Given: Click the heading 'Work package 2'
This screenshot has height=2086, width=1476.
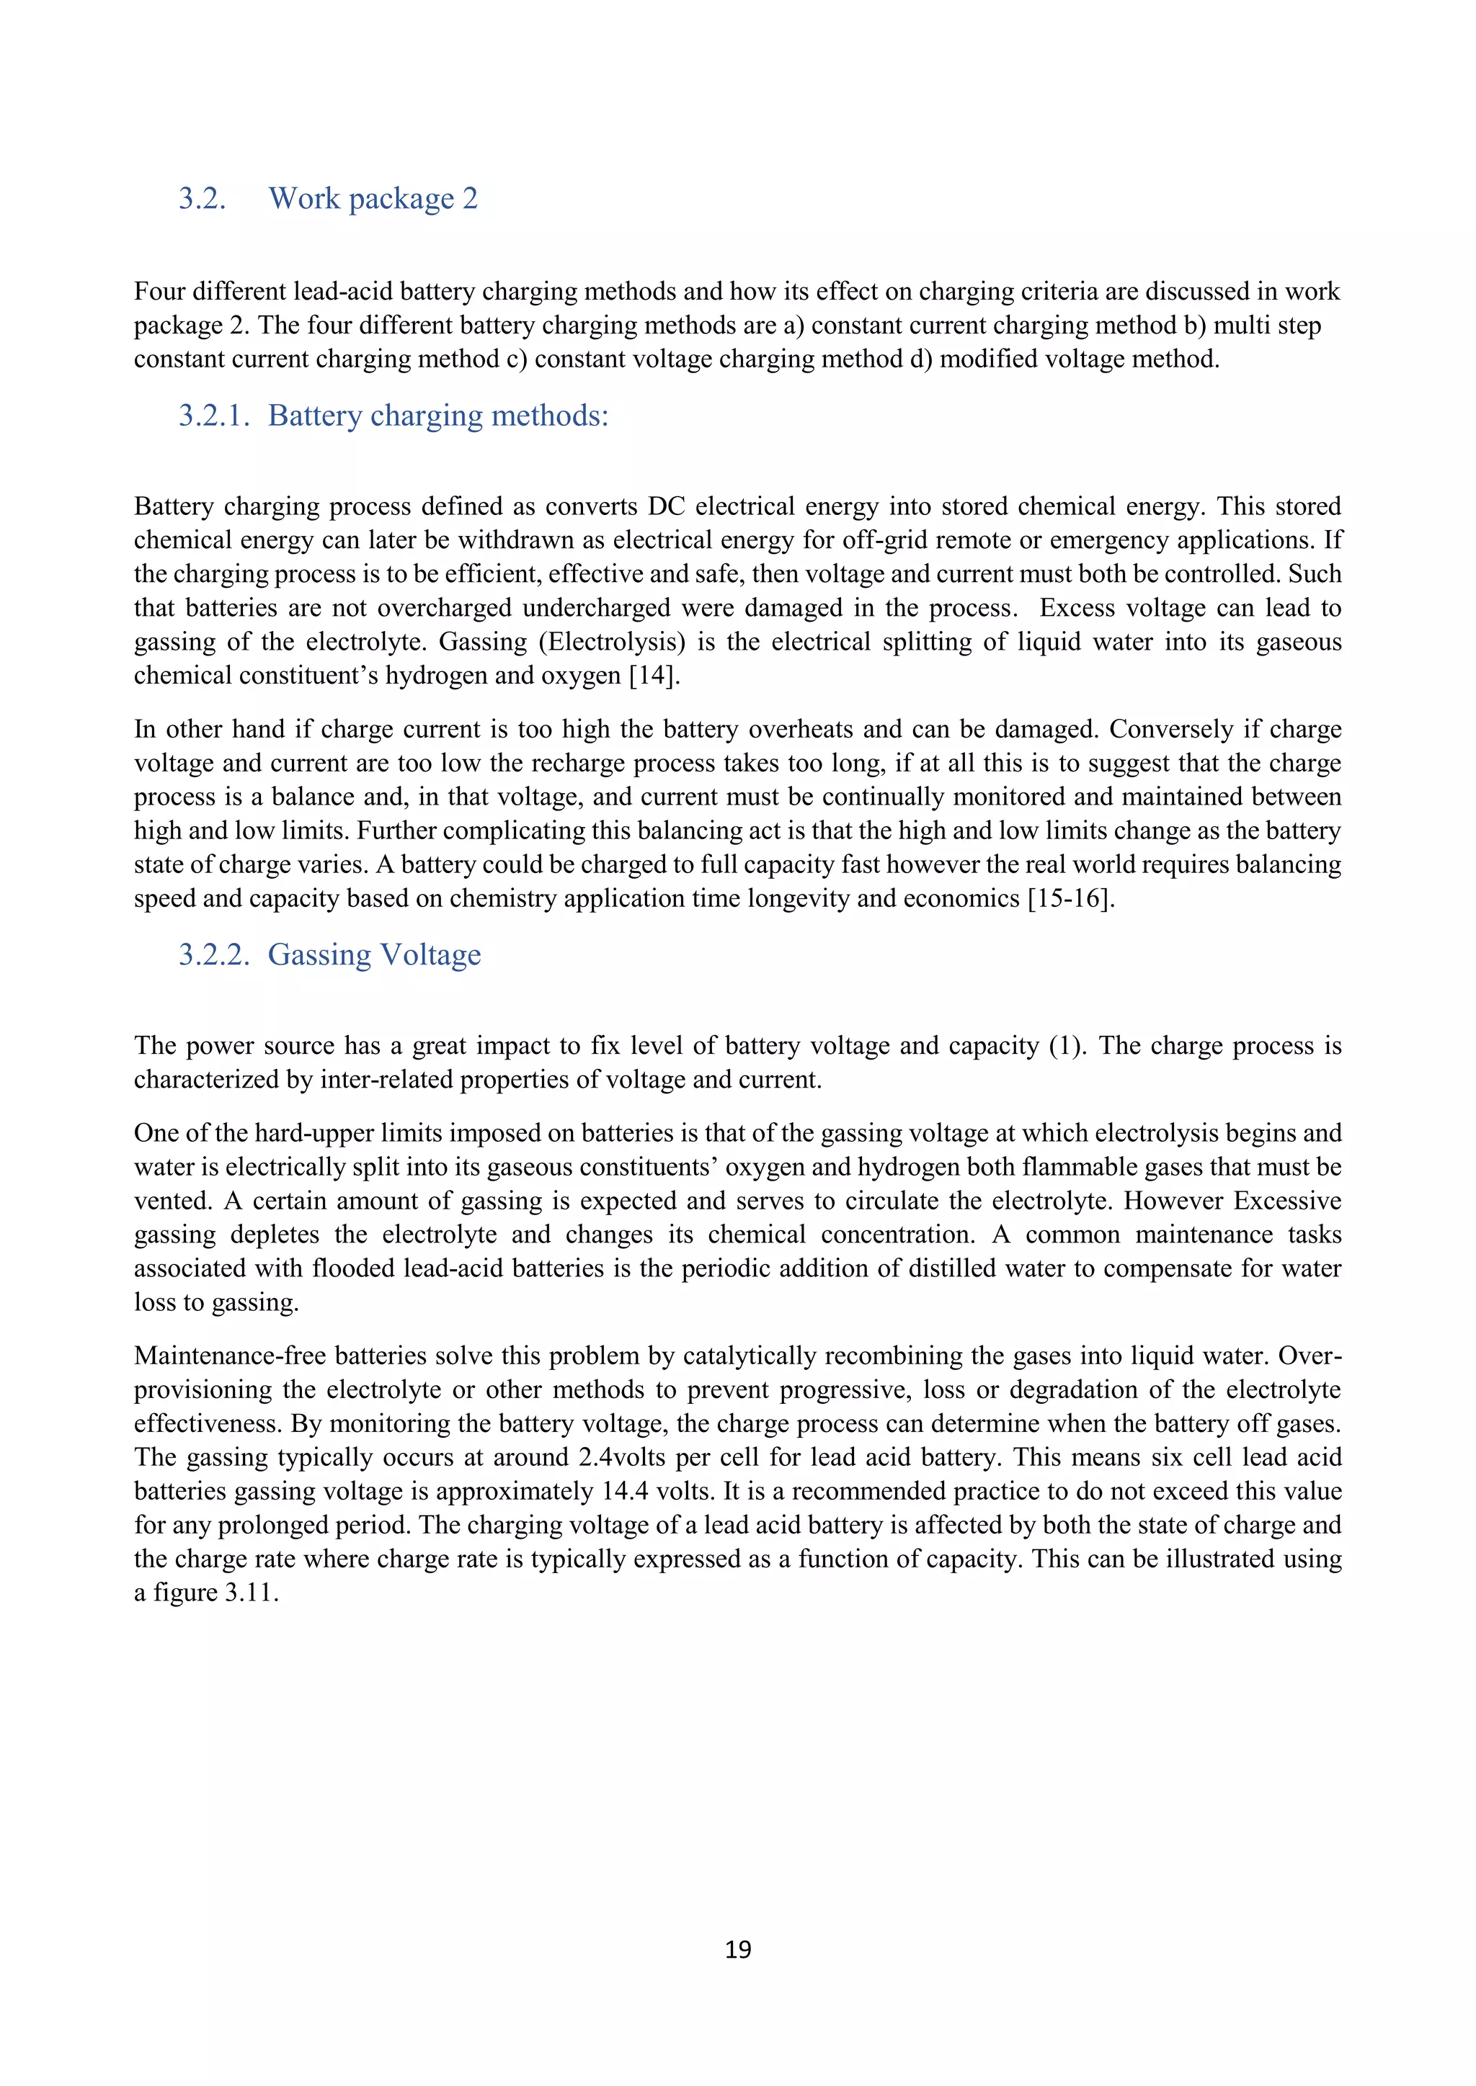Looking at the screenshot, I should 373,198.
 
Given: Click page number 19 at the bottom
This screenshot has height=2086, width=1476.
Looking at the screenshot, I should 738,1950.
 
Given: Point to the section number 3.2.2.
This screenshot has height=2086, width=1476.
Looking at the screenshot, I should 213,955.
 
